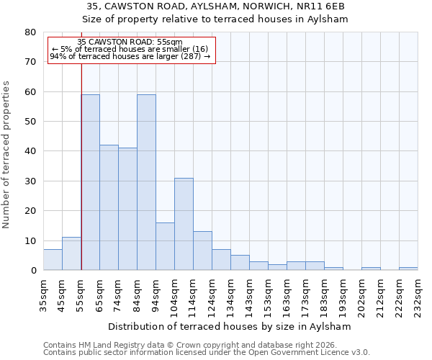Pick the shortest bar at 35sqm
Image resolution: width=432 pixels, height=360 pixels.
point(53,260)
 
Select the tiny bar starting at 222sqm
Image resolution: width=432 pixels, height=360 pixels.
point(408,269)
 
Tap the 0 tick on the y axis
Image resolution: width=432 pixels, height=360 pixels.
point(32,271)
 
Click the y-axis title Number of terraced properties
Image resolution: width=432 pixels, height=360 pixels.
point(6,154)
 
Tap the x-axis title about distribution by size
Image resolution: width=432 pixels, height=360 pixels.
point(230,326)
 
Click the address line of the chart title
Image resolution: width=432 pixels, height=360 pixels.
point(215,6)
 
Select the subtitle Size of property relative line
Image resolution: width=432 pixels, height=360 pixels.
point(215,19)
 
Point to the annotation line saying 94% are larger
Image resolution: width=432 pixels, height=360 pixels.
point(130,56)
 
